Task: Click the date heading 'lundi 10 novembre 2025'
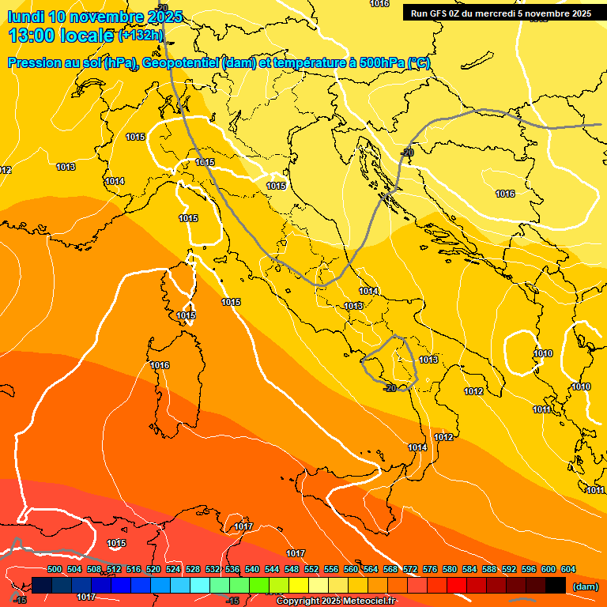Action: [x=95, y=17]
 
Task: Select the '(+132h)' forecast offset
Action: [x=141, y=35]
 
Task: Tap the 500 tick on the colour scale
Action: [x=55, y=569]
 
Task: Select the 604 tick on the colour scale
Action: [x=568, y=569]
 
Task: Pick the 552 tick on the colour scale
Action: [x=311, y=569]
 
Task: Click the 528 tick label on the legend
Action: [x=193, y=569]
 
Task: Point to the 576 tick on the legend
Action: [x=430, y=569]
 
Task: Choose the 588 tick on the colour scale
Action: [x=489, y=569]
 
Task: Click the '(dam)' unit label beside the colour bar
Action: [x=585, y=586]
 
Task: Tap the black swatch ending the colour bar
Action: [x=556, y=586]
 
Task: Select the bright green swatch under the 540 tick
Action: [x=259, y=586]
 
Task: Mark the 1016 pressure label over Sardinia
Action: [x=160, y=365]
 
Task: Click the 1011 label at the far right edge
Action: [x=595, y=490]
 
